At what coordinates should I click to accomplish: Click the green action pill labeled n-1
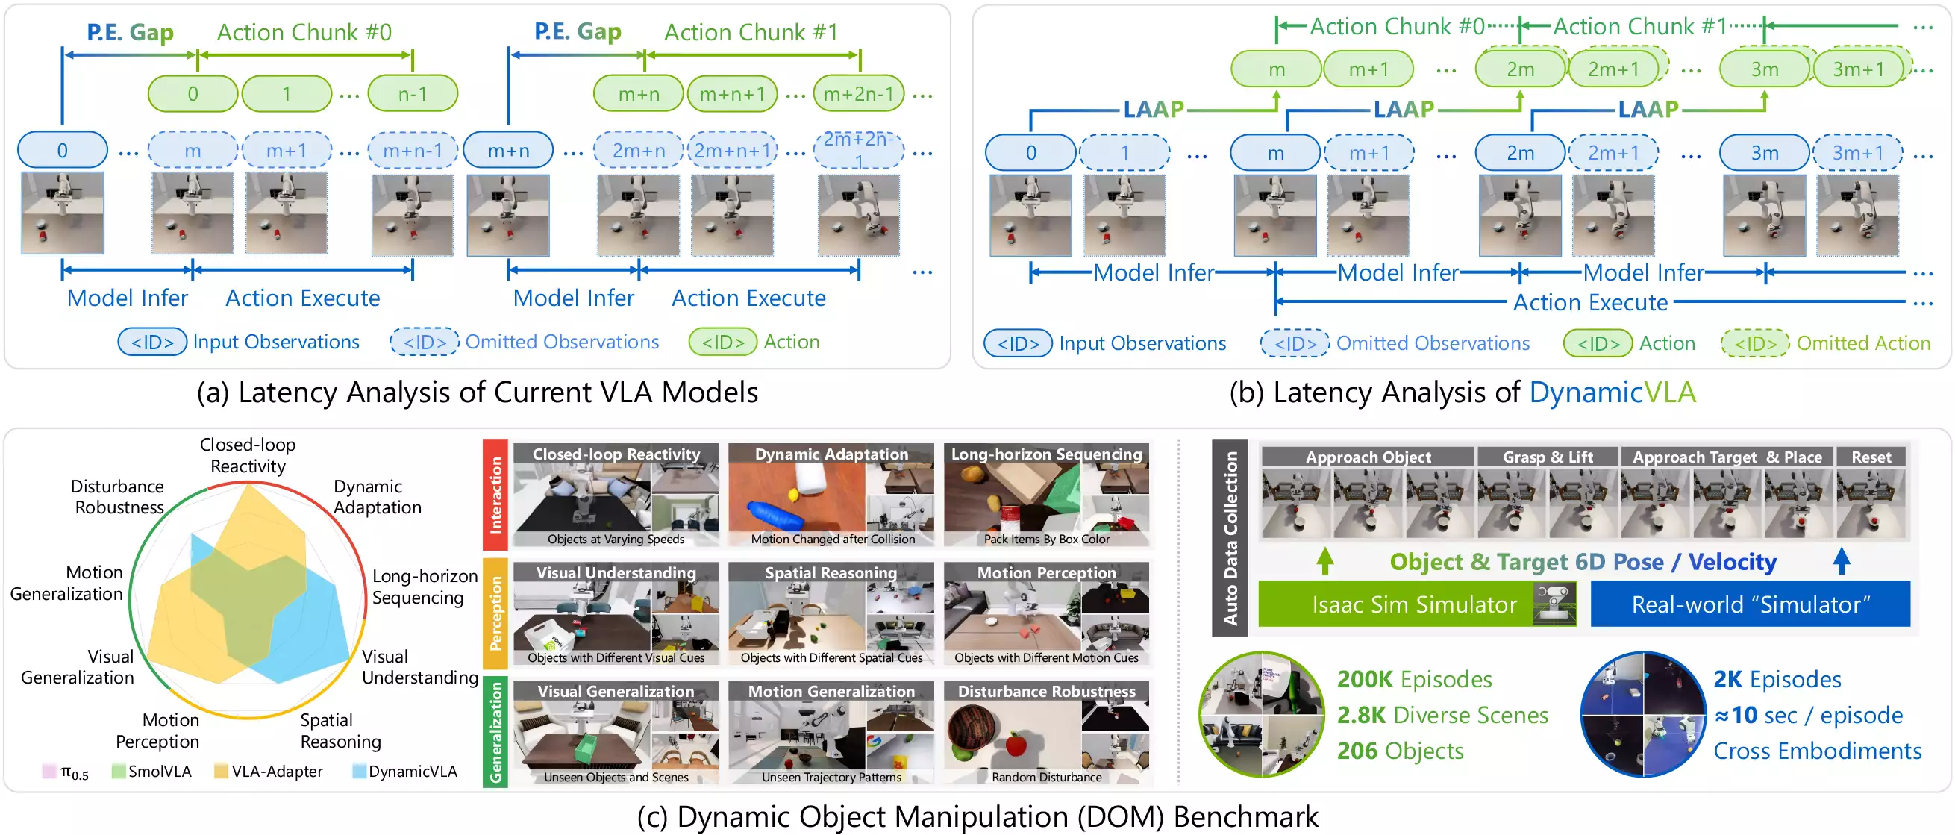point(412,93)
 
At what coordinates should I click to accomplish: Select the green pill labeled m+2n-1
point(858,93)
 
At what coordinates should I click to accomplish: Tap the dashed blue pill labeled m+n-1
point(412,151)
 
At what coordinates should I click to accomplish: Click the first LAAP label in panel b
point(1153,109)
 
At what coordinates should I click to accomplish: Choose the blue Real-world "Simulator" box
point(1750,604)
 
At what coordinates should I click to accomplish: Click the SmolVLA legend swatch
point(119,772)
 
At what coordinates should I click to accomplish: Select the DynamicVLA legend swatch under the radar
point(360,772)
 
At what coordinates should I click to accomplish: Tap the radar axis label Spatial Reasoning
point(341,731)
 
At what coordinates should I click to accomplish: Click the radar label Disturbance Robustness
point(119,496)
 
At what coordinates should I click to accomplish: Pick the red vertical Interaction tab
point(495,495)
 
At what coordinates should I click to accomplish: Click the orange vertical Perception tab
point(495,613)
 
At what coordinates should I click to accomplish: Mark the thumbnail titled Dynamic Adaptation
point(831,495)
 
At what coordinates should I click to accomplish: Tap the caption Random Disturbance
point(1047,777)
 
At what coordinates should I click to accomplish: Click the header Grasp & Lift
point(1548,457)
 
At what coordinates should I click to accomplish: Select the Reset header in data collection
point(1871,457)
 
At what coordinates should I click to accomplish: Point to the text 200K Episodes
point(1414,678)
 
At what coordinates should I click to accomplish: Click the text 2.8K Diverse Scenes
point(1442,714)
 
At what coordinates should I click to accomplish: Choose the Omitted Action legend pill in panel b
point(1754,343)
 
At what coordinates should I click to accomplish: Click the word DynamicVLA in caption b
point(1612,393)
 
